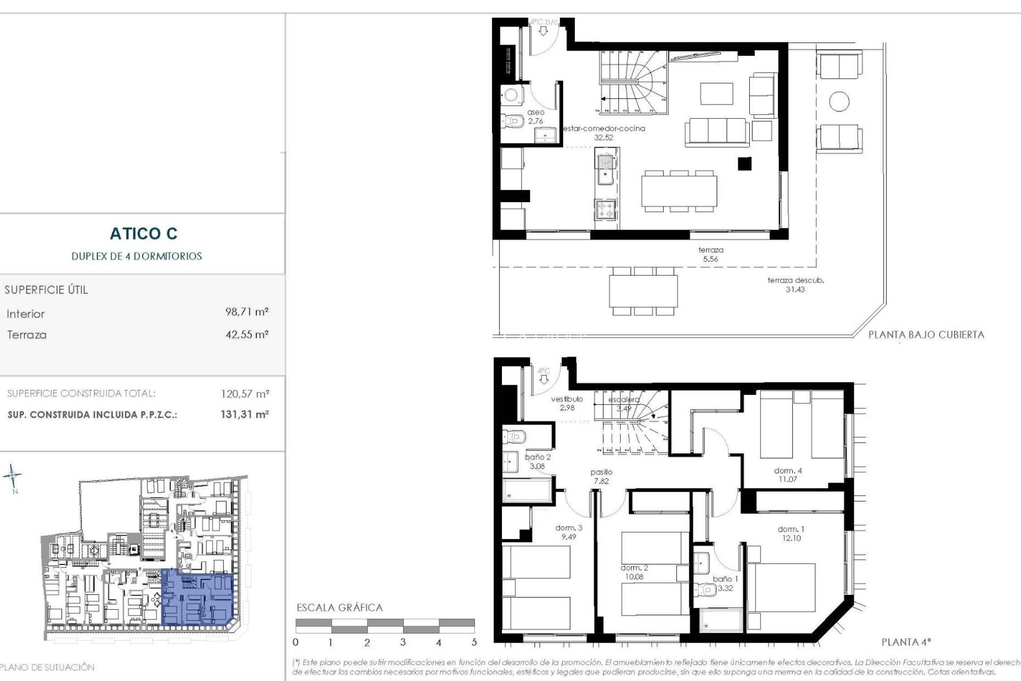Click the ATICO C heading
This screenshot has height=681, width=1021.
tap(144, 234)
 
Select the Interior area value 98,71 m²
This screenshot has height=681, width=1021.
tap(247, 312)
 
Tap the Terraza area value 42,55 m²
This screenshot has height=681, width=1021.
tap(247, 335)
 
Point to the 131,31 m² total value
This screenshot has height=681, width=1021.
tap(245, 414)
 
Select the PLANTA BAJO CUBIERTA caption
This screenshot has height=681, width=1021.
tap(926, 335)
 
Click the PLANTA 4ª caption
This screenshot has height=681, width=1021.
tap(906, 642)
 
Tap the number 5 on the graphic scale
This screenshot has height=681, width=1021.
tap(474, 643)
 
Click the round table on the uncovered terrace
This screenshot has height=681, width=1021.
tap(839, 101)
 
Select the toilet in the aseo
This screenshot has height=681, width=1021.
tap(513, 122)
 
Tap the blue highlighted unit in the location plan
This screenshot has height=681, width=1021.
tap(197, 596)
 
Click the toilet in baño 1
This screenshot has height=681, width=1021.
tap(708, 589)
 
